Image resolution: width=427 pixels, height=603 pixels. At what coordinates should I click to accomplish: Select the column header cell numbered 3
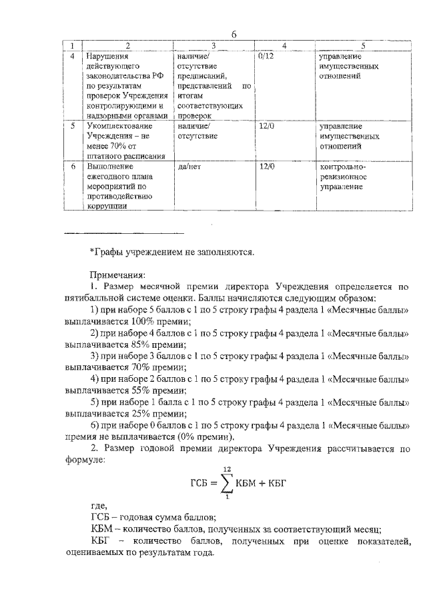tap(212, 45)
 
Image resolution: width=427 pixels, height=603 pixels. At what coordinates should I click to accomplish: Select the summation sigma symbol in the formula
tap(228, 482)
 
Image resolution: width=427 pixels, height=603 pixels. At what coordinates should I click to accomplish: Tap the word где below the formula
tap(98, 505)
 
